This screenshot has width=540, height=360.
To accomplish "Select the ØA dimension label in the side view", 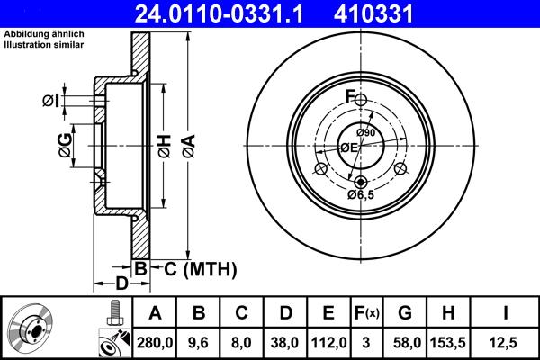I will [x=187, y=147].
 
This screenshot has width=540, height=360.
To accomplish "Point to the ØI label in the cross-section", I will [x=51, y=101].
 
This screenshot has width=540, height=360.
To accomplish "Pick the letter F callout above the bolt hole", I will [x=350, y=96].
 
